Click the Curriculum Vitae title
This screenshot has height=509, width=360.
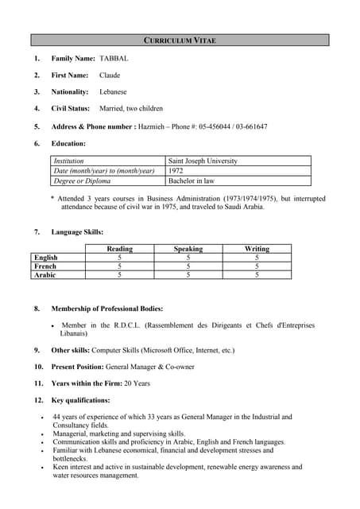tap(180, 40)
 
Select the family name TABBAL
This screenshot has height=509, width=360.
tap(114, 59)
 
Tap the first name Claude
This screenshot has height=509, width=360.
tap(110, 76)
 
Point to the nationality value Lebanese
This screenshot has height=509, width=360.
tap(113, 92)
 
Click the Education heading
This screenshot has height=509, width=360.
tap(68, 143)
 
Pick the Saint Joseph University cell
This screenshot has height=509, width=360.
tap(203, 161)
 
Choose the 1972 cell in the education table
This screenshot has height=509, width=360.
tap(176, 171)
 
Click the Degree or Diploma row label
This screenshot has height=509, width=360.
tap(82, 181)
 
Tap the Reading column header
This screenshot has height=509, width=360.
tap(119, 249)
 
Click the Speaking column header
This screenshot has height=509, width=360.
tap(188, 249)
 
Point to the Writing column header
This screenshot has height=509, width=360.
tap(257, 249)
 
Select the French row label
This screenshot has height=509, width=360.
tap(45, 266)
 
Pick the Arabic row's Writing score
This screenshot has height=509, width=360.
tap(257, 275)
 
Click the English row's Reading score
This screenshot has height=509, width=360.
tap(119, 258)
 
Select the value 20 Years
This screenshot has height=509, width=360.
tap(137, 383)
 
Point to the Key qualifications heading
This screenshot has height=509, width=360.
tap(81, 400)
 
